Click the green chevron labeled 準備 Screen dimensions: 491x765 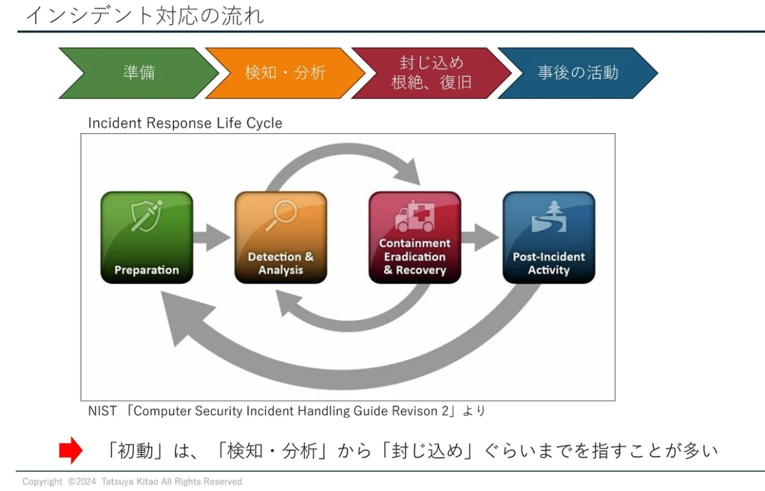pos(139,72)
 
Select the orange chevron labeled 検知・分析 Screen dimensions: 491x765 pos(285,72)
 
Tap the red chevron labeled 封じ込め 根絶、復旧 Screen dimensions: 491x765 pos(431,72)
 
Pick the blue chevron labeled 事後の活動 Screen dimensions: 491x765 pos(578,72)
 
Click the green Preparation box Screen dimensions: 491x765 pos(146,237)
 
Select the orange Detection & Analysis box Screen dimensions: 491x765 pos(281,237)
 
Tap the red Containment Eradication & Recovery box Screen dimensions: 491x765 pos(415,237)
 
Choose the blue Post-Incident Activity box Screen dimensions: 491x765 pos(549,237)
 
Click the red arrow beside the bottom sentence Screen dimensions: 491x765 pos(71,451)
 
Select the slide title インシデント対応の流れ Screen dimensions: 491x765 pos(144,14)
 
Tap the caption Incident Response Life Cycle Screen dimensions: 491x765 pos(185,123)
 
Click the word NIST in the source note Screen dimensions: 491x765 pos(102,411)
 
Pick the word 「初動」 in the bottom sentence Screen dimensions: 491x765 pos(132,451)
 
